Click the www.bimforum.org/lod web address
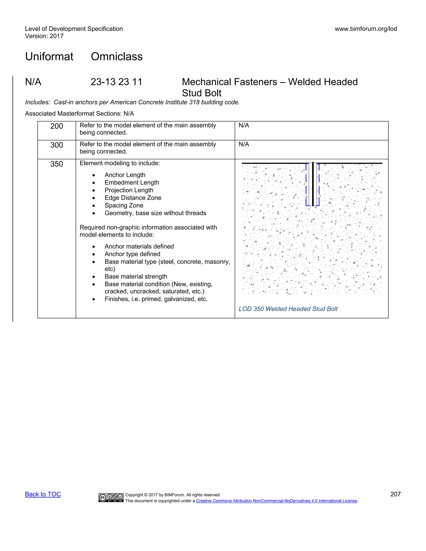tap(366, 29)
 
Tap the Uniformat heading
tap(49, 57)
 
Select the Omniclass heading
tap(117, 57)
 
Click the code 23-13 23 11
tap(116, 82)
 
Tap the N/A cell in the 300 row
tap(244, 144)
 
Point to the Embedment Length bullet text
tap(132, 183)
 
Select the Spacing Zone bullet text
tap(124, 205)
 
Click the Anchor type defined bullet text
tap(132, 254)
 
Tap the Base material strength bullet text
tap(136, 277)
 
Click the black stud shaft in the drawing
tap(313, 184)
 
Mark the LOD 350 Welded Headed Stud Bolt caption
tap(288, 309)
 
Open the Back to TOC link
tap(43, 494)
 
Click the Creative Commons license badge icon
tap(111, 498)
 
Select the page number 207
tap(395, 494)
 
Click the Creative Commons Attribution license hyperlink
tap(276, 501)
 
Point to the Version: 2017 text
tap(44, 36)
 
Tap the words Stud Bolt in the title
tap(201, 93)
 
